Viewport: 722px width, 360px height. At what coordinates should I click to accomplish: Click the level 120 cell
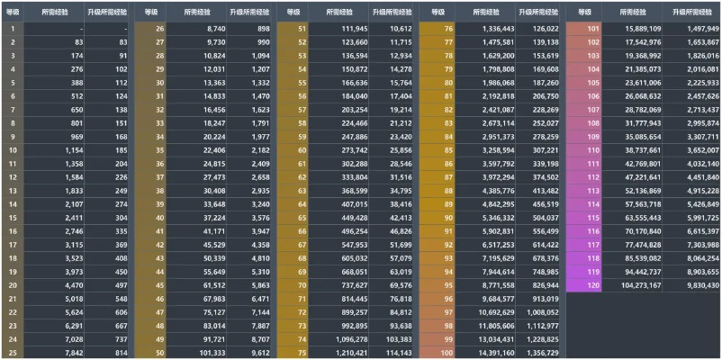tap(592, 284)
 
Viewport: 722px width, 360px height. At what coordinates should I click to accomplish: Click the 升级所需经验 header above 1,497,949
tap(691, 12)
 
